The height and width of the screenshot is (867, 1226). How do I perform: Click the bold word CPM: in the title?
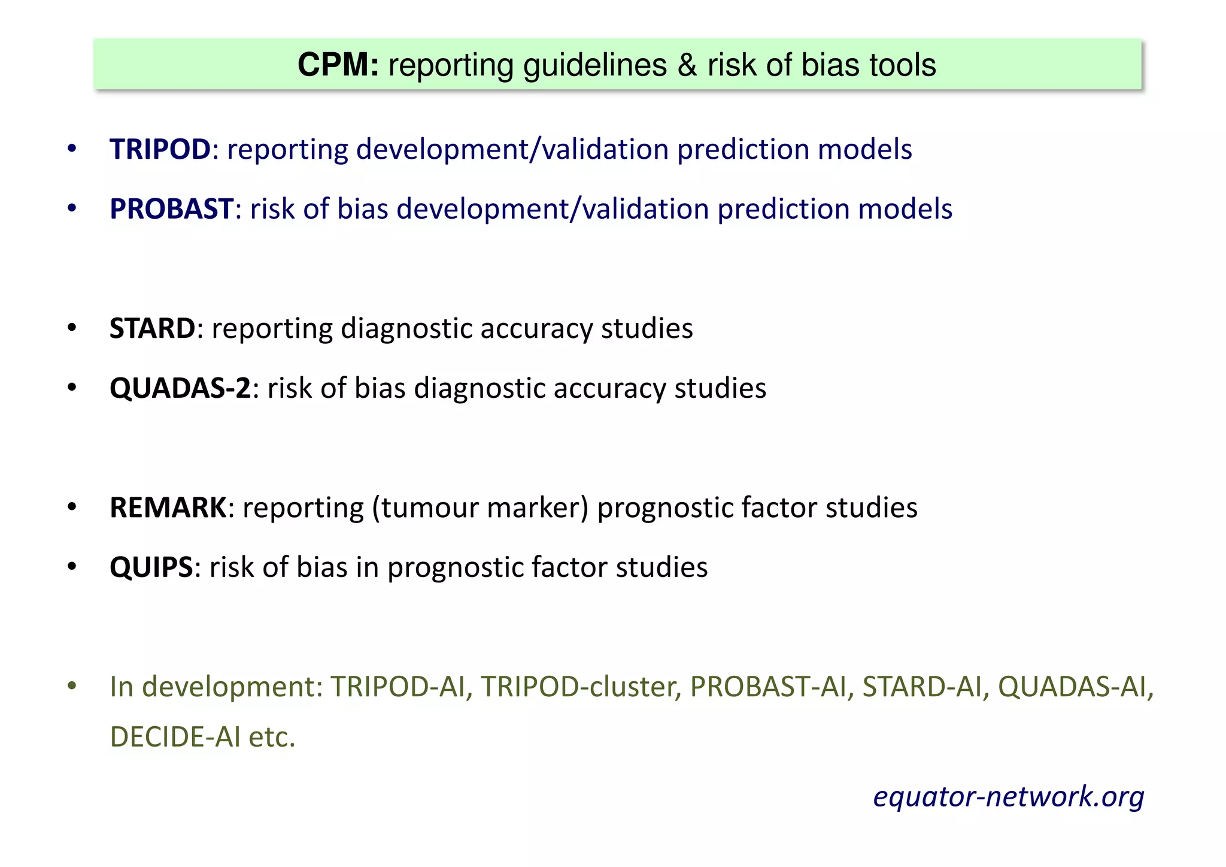coord(338,65)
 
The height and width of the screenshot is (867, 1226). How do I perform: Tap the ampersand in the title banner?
coord(687,65)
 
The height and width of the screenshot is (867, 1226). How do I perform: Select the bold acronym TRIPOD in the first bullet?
coord(160,149)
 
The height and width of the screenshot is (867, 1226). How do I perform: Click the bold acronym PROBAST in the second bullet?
coord(171,209)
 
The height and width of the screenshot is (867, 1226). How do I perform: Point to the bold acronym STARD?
coord(152,328)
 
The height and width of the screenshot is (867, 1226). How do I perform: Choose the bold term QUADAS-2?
coord(180,388)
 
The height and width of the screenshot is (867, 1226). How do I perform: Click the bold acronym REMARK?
coord(168,507)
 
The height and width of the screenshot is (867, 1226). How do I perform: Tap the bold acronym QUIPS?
coord(151,567)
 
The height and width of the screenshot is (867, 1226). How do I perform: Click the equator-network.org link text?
coord(1008,796)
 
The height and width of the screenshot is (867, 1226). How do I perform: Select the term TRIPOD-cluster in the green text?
coord(581,687)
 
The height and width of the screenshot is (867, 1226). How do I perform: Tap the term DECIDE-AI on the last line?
coord(175,737)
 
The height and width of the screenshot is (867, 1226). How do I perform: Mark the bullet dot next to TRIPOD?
coord(72,149)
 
